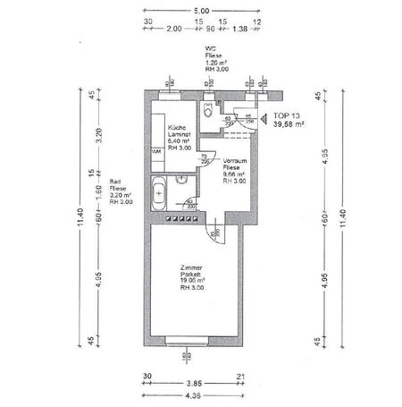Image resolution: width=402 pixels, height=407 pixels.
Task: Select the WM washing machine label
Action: [x=156, y=151]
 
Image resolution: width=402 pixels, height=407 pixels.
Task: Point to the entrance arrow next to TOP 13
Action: [x=264, y=117]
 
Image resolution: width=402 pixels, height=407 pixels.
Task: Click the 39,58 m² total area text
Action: [x=289, y=126]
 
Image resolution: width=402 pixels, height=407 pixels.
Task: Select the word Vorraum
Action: [x=235, y=159]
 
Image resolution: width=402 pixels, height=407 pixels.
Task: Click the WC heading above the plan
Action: [x=211, y=49]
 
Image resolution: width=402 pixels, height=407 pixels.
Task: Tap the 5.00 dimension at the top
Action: [x=202, y=10]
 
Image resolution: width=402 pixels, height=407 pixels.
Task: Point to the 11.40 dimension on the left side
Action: [x=80, y=218]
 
